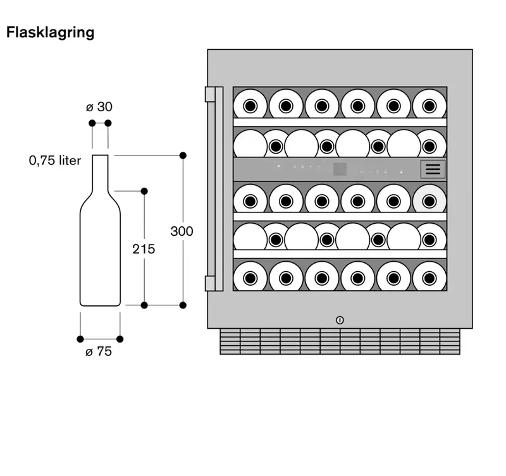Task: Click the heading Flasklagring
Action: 50,33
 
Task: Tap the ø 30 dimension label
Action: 99,107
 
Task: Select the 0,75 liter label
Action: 55,161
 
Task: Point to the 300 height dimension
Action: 182,231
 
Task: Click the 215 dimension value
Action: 144,249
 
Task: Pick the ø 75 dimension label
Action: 99,351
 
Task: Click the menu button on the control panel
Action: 433,169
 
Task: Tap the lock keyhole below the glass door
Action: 340,320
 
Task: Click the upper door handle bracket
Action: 211,94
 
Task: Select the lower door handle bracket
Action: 211,283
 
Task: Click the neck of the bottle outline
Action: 101,171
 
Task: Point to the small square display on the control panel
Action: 340,169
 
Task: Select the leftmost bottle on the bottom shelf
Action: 250,277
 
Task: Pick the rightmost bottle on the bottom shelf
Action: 429,277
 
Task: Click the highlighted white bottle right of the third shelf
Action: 429,201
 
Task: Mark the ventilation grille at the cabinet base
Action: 340,341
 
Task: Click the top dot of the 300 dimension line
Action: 183,155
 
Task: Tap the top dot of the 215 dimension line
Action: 144,190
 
